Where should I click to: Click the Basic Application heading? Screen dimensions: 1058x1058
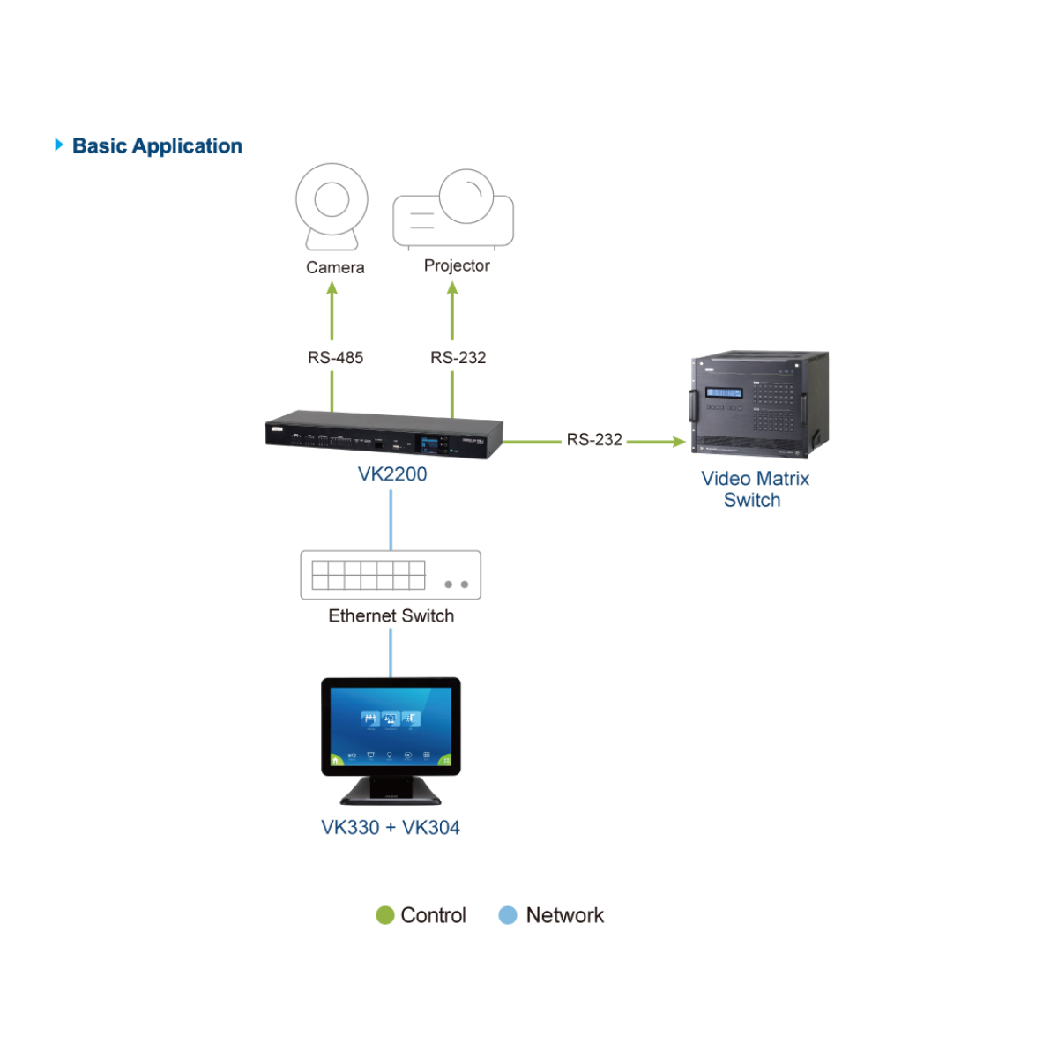coord(157,145)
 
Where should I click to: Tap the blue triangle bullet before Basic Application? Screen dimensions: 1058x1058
coord(58,145)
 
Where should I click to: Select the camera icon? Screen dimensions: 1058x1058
coord(332,205)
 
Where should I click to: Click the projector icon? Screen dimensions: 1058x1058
coord(453,210)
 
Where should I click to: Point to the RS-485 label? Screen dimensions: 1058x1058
coord(335,357)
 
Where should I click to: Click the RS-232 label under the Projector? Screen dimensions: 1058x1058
coord(458,357)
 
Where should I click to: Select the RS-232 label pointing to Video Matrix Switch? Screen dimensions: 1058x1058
coord(594,439)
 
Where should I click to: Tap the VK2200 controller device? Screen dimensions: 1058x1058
coord(384,436)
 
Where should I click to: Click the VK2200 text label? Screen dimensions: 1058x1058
coord(392,474)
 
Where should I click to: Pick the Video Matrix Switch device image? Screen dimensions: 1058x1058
coord(759,405)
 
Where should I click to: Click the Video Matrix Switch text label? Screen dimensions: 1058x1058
coord(755,489)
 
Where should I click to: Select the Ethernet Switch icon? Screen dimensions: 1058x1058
coord(391,575)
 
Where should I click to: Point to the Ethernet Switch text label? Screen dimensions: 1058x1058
coord(391,615)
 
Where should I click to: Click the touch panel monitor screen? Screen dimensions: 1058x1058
coord(391,726)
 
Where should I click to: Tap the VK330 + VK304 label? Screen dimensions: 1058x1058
coord(391,827)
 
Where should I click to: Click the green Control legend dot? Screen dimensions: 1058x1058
coord(384,915)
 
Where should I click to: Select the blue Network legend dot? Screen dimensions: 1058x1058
coord(508,915)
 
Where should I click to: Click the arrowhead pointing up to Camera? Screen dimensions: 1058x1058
coord(332,288)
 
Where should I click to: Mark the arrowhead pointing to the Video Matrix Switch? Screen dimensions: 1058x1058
coord(678,441)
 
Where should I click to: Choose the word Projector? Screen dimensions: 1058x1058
coord(457,265)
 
